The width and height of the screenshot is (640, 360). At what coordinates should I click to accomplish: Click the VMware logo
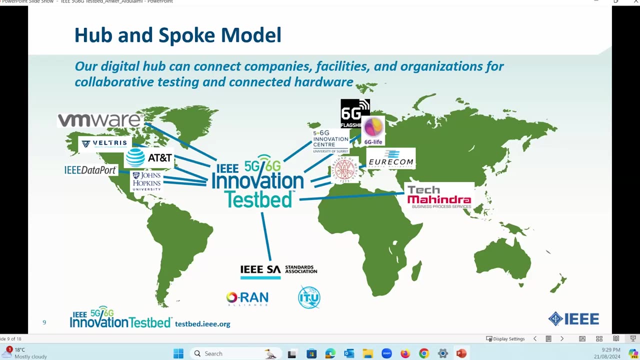(x=100, y=120)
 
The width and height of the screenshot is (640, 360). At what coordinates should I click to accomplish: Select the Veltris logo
(x=104, y=143)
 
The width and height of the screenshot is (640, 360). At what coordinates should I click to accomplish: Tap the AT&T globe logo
(x=135, y=157)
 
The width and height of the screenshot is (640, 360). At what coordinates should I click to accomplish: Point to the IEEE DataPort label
(x=90, y=170)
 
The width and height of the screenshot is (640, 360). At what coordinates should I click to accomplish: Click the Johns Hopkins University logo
(x=146, y=181)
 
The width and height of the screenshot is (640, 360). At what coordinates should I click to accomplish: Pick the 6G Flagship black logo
(x=354, y=113)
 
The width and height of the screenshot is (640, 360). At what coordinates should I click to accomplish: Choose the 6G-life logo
(x=373, y=131)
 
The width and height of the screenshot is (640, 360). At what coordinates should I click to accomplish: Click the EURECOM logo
(x=391, y=158)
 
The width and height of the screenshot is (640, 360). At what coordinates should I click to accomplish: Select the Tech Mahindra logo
(x=438, y=196)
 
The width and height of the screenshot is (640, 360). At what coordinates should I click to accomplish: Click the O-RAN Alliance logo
(x=247, y=298)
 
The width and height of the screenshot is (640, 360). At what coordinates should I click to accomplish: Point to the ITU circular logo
(x=309, y=297)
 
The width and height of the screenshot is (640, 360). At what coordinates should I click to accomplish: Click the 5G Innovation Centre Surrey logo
(x=330, y=141)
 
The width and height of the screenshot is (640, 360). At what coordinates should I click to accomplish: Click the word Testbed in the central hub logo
(x=258, y=199)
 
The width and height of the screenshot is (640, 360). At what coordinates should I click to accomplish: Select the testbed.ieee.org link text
(x=202, y=324)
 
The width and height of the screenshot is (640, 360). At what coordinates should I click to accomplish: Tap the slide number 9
(x=44, y=322)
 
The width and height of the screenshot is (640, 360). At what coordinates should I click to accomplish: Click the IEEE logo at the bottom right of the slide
(x=573, y=319)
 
